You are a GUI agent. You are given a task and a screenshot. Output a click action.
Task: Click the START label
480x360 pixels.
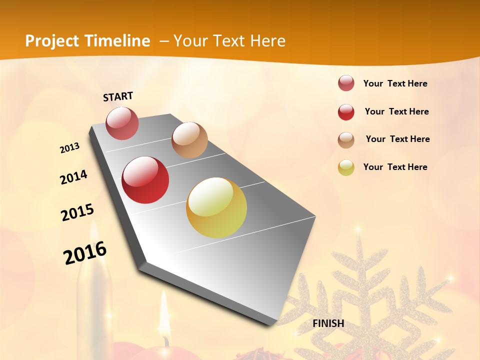click(118, 96)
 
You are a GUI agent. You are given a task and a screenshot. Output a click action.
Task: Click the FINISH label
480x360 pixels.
click(328, 323)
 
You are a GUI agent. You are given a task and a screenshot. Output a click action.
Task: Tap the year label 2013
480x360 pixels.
click(70, 148)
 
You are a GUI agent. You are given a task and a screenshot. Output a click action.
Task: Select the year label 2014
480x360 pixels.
click(74, 177)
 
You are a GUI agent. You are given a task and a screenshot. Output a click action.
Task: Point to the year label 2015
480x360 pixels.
click(77, 212)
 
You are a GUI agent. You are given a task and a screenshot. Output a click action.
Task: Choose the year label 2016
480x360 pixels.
click(85, 252)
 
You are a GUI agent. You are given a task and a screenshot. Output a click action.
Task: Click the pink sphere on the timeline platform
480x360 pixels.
click(122, 123)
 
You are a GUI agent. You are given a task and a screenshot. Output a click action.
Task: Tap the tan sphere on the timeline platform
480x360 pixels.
click(189, 140)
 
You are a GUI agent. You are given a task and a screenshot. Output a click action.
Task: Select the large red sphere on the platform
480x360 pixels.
click(145, 180)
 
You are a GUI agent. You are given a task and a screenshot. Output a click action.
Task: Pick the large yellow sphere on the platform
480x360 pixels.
click(216, 207)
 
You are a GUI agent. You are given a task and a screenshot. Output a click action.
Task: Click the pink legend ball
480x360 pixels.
click(346, 83)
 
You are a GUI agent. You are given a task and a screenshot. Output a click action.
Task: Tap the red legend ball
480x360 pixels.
click(346, 112)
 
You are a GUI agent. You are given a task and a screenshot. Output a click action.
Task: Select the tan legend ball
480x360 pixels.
click(346, 140)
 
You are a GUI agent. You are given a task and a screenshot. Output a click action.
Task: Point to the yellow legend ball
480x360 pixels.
click(346, 167)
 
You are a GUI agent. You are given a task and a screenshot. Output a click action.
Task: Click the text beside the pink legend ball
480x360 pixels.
click(395, 84)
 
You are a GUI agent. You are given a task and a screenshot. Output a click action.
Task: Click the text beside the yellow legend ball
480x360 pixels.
click(395, 167)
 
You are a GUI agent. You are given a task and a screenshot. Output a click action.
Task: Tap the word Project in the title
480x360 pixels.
click(51, 41)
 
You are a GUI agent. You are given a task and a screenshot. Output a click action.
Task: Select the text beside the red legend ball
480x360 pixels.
click(397, 111)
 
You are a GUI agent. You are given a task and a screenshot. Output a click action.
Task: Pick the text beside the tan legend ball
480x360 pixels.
click(398, 139)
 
